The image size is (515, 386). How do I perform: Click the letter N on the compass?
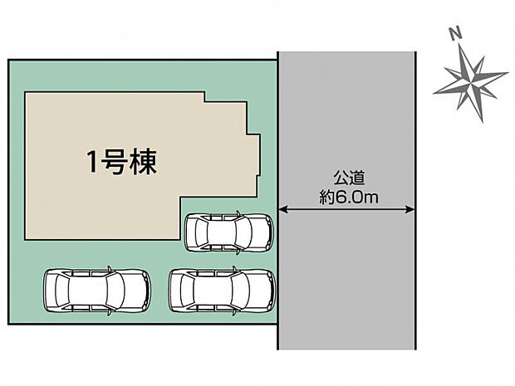tap(454, 34)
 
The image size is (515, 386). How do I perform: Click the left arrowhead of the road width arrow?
tap(282, 209)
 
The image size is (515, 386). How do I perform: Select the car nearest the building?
tap(228, 232)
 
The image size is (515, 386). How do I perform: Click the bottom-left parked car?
tap(96, 291)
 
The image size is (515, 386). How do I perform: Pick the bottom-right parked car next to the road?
tap(223, 291)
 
